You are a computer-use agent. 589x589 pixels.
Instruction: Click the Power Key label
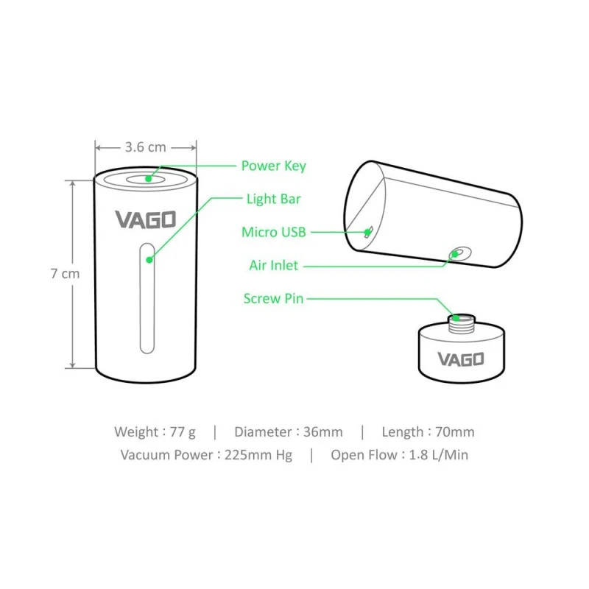pyautogui.click(x=273, y=166)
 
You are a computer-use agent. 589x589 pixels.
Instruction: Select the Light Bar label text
pyautogui.click(x=273, y=199)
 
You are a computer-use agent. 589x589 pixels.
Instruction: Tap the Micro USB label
pyautogui.click(x=273, y=233)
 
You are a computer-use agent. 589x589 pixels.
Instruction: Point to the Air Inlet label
pyautogui.click(x=273, y=265)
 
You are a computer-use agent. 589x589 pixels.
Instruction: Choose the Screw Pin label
pyautogui.click(x=272, y=298)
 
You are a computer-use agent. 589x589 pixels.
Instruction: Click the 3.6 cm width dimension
pyautogui.click(x=145, y=147)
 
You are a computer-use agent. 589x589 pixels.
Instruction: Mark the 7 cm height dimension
pyautogui.click(x=65, y=273)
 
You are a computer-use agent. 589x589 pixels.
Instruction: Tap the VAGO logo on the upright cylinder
pyautogui.click(x=145, y=219)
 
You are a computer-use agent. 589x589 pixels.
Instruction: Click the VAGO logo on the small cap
pyautogui.click(x=461, y=359)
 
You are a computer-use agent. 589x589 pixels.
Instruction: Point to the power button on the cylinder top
pyautogui.click(x=147, y=178)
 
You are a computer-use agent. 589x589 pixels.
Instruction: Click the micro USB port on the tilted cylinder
pyautogui.click(x=368, y=233)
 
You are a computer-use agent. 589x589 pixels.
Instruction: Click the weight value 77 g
pyautogui.click(x=186, y=432)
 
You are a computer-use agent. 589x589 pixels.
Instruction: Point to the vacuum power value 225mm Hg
pyautogui.click(x=259, y=454)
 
